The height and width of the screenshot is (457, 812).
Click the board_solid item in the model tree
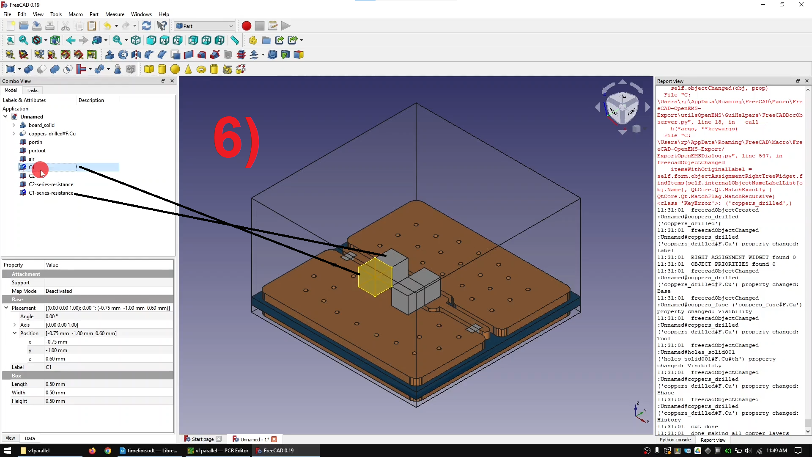pos(41,125)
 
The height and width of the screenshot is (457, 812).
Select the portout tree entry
pos(37,151)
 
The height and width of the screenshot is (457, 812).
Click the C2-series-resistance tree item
pos(51,184)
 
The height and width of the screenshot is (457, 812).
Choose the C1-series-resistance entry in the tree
pos(51,193)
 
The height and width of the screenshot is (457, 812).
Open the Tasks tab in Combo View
pos(32,91)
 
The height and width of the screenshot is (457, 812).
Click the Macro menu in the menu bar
pos(76,14)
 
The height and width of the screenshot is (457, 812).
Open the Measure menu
pos(115,14)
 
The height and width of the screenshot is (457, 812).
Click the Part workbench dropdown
pos(205,26)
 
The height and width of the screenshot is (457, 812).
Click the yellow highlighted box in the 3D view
pos(375,277)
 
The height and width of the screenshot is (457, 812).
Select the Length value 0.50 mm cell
pos(55,384)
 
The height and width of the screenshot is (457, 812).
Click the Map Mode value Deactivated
pos(59,291)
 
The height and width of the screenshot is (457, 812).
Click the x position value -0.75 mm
pos(57,342)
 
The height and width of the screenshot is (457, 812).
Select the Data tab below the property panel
pos(30,438)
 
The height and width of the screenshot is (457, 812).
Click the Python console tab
pos(675,440)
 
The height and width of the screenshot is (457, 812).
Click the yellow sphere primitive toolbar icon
pos(175,69)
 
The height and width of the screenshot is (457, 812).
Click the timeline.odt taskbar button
pos(148,451)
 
